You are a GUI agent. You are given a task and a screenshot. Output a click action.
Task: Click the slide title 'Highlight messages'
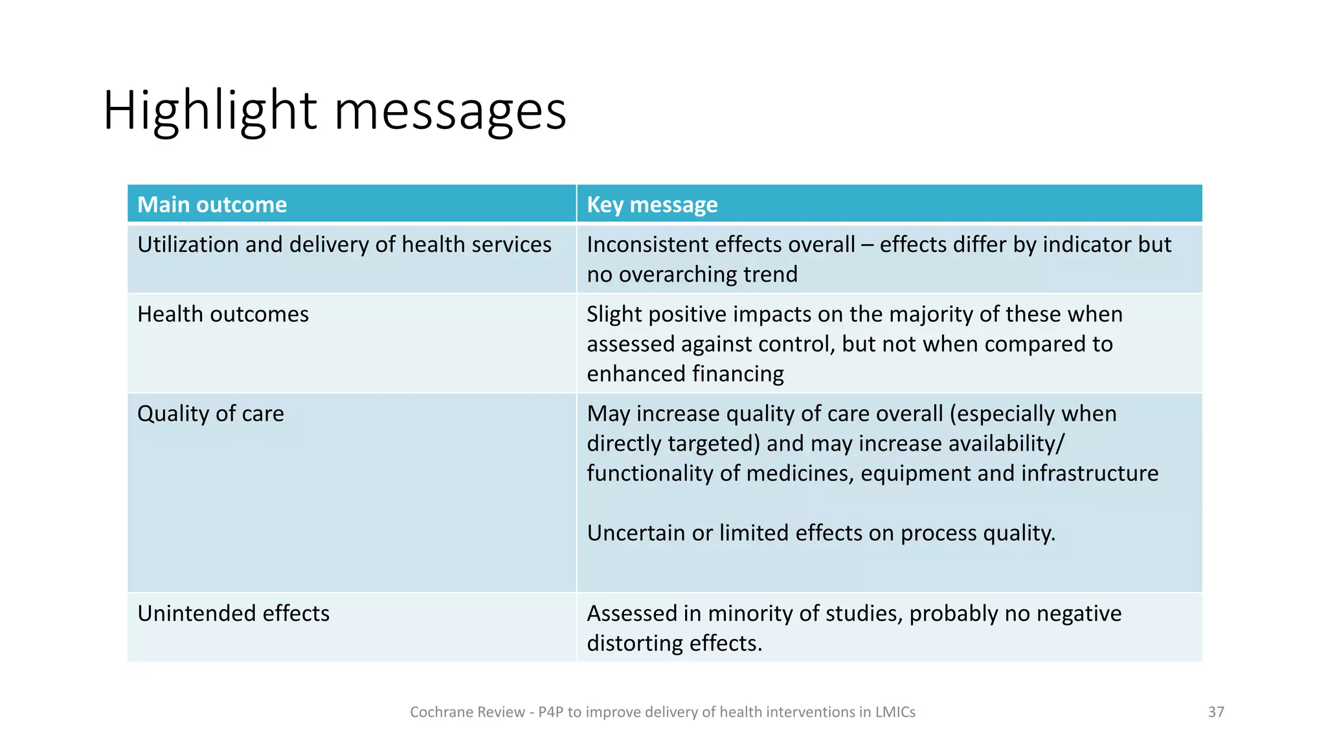tap(334, 111)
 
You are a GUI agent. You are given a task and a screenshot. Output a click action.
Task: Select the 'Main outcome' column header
tap(212, 205)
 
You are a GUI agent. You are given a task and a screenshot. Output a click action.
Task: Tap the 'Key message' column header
tap(652, 205)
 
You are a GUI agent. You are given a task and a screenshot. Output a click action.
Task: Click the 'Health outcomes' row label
tap(223, 314)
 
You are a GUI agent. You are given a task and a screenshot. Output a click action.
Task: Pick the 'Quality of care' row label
tap(210, 414)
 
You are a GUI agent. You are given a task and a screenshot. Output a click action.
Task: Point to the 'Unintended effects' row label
tap(233, 613)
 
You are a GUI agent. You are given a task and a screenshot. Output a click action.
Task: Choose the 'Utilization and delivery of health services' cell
tap(344, 245)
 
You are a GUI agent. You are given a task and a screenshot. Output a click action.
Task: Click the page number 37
tap(1216, 712)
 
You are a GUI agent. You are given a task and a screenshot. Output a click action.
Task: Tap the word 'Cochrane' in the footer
tap(435, 712)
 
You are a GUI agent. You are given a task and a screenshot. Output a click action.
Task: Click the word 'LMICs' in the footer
tap(895, 712)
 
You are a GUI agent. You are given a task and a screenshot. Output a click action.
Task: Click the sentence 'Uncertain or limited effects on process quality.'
tap(821, 533)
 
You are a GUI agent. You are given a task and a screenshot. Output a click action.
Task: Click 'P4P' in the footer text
tap(550, 712)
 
